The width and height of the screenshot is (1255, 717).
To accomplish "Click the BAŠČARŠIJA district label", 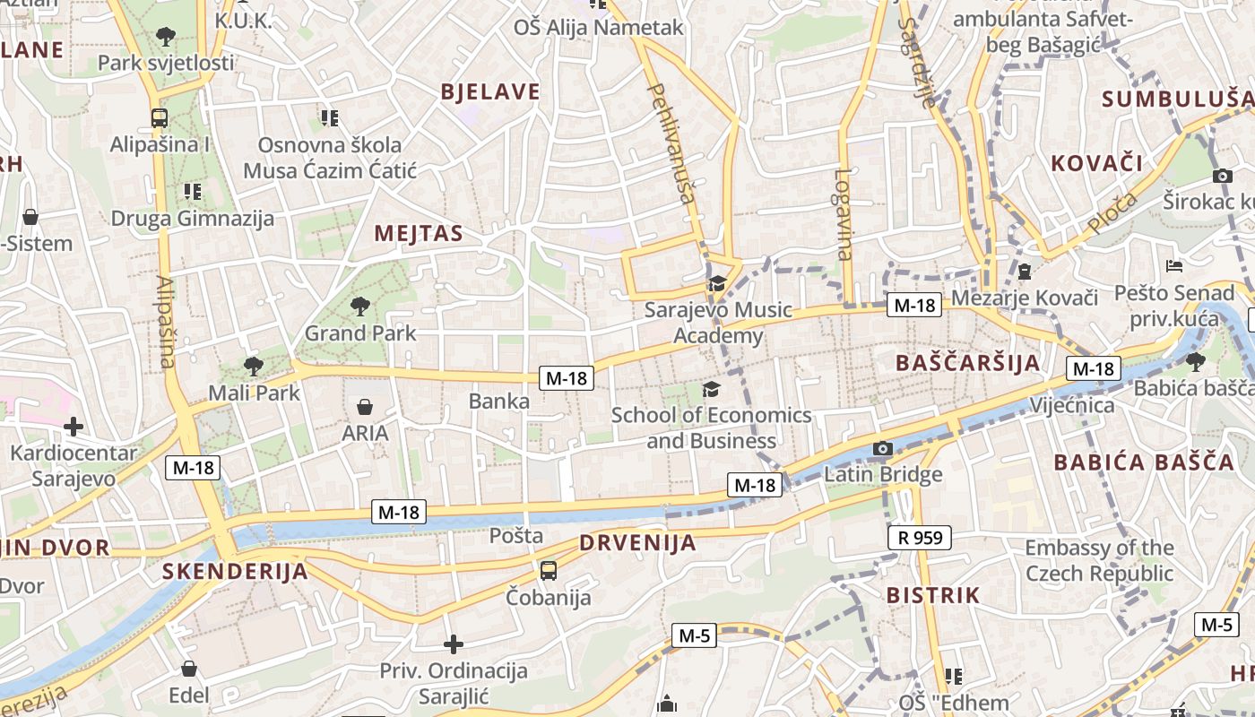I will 968,363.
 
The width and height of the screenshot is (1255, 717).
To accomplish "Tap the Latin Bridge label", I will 883,474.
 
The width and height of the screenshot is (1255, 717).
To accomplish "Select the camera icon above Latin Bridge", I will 883,448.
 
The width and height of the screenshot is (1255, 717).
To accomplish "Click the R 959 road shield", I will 919,538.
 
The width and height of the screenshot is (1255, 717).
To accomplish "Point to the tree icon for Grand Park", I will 360,307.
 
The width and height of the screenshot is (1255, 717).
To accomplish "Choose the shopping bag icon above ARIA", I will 365,407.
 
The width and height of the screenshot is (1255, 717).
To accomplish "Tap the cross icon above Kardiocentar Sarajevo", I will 74,427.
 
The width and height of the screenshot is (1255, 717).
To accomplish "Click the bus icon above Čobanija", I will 549,570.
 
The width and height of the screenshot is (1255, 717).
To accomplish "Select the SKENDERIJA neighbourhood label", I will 235,572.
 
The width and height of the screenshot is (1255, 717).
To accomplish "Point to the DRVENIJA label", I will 637,542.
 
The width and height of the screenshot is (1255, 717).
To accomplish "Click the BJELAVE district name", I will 490,91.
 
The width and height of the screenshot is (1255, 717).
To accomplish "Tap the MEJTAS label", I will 419,234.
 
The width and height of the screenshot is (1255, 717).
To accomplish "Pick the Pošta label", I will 516,536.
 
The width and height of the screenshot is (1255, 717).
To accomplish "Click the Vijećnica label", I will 1072,405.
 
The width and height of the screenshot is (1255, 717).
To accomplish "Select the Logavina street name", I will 844,215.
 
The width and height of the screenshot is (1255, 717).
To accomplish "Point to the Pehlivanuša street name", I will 671,143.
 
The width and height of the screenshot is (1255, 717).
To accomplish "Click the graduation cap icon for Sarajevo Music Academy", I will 716,284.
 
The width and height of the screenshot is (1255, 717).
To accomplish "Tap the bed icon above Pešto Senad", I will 1174,266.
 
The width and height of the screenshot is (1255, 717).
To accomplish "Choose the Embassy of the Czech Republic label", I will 1099,560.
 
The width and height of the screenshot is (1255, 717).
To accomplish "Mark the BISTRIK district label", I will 933,595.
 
